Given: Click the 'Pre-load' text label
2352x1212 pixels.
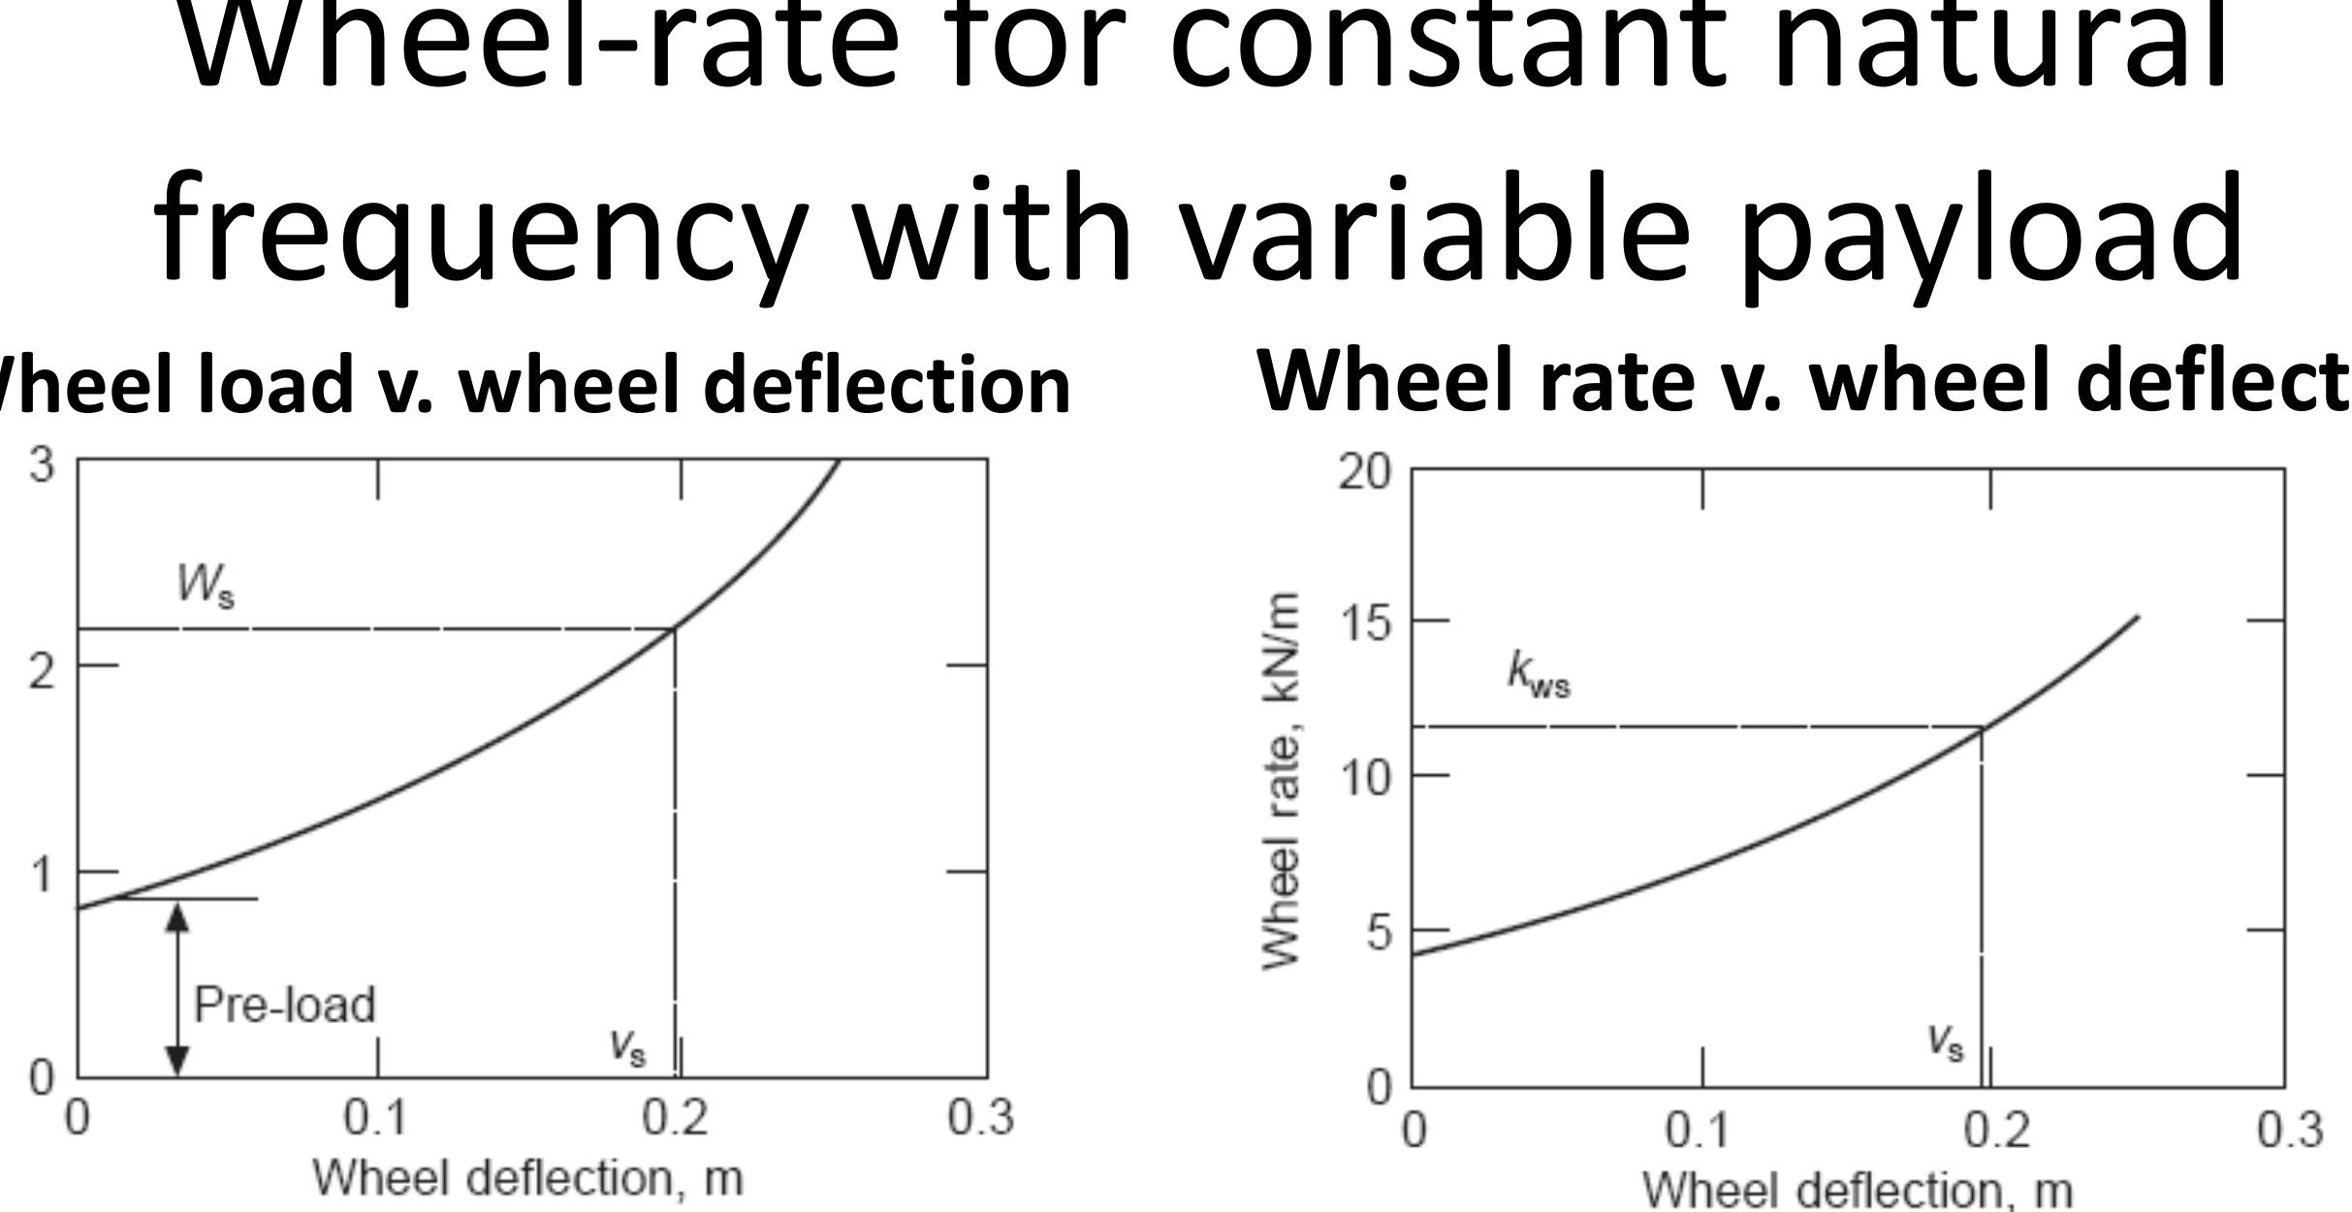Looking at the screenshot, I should pyautogui.click(x=284, y=1005).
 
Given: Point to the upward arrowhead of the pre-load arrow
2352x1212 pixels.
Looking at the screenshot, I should pyautogui.click(x=176, y=916).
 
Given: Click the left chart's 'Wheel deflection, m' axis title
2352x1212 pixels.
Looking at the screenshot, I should pyautogui.click(x=528, y=1178).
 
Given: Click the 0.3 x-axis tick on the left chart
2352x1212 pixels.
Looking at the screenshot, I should pyautogui.click(x=981, y=1118).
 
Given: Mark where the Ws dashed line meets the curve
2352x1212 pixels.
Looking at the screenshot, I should pyautogui.click(x=674, y=628).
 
